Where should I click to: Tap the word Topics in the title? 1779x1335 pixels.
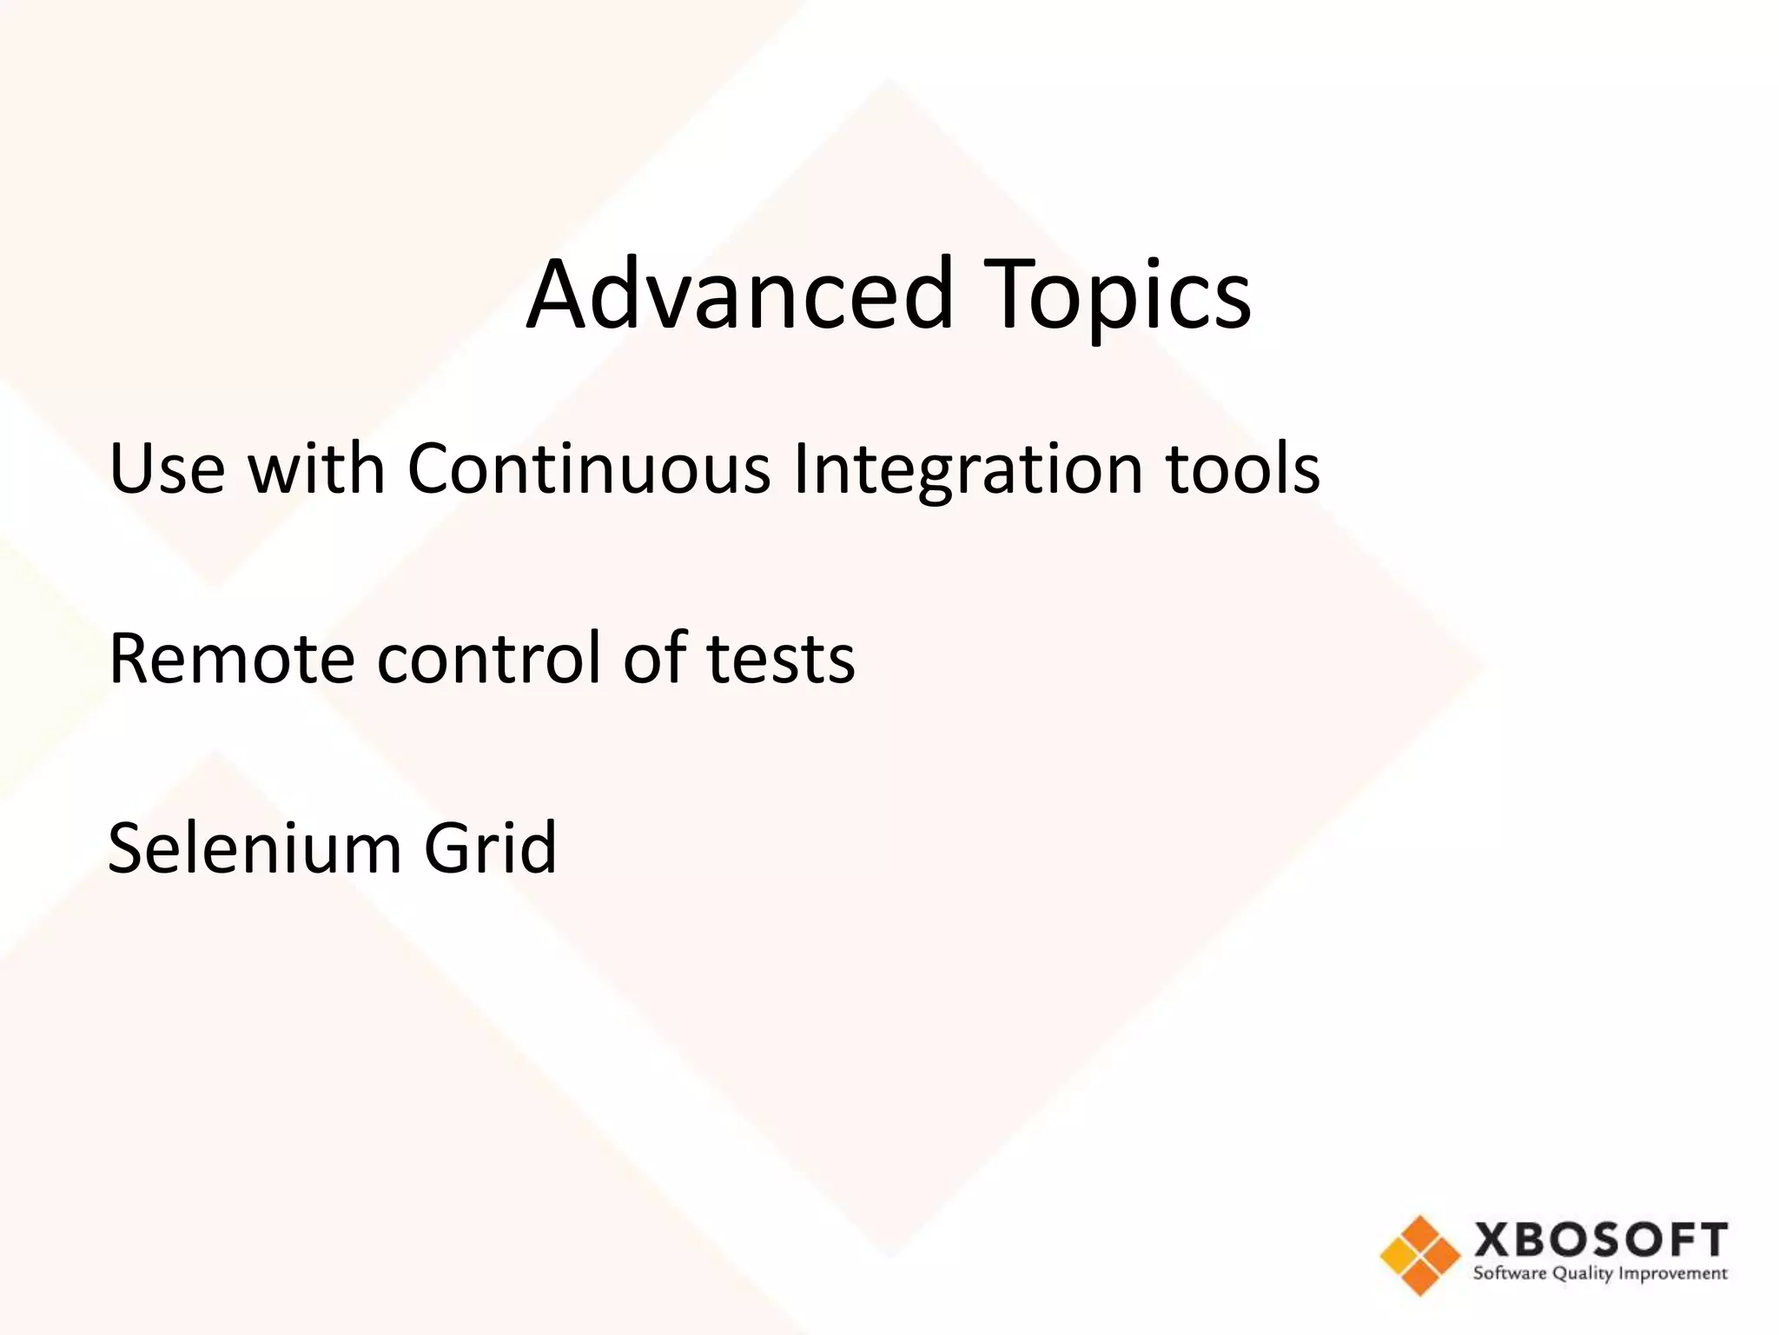1120,296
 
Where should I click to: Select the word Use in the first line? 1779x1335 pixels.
167,468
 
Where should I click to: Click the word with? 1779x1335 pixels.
316,468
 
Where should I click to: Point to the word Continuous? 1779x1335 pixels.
588,468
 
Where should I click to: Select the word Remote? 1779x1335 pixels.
231,658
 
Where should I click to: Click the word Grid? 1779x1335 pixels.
489,847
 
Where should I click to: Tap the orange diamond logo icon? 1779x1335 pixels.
1419,1255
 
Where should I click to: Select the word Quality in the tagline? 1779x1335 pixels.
1584,1275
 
